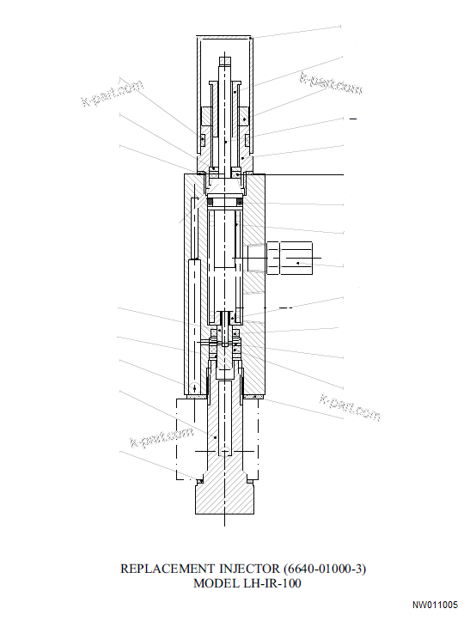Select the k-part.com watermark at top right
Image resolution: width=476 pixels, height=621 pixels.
point(331,84)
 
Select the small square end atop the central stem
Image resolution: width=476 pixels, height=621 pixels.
point(224,60)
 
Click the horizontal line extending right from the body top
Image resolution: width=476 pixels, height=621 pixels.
point(301,175)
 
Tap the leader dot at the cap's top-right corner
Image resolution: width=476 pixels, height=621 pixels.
point(250,38)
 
